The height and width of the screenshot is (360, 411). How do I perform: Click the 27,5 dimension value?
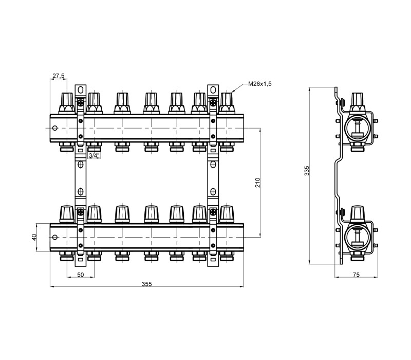tap(58, 76)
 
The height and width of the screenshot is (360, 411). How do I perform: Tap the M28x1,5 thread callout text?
tap(260, 84)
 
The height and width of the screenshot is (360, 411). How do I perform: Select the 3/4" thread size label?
tap(95, 155)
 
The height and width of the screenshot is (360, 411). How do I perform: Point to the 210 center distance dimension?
tap(258, 183)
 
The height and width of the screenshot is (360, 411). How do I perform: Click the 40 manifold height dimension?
tap(34, 237)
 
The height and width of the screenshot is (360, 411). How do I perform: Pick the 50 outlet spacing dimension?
tap(81, 275)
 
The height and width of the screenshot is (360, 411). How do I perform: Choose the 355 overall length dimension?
tap(146, 284)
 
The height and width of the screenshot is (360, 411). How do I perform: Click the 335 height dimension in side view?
tap(307, 171)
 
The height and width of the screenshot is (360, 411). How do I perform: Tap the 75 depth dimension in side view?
tap(356, 275)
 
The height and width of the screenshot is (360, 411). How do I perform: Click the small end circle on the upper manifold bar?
tap(55, 128)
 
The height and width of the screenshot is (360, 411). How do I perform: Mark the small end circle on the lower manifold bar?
tap(55, 238)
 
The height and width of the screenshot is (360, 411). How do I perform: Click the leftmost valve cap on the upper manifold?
tap(67, 103)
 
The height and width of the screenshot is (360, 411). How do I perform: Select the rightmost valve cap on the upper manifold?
tap(227, 103)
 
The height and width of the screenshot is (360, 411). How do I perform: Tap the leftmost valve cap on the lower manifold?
tap(67, 214)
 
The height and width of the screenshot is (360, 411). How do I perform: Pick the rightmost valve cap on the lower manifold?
tap(227, 214)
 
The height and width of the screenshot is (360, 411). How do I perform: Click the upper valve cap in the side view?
tap(357, 102)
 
